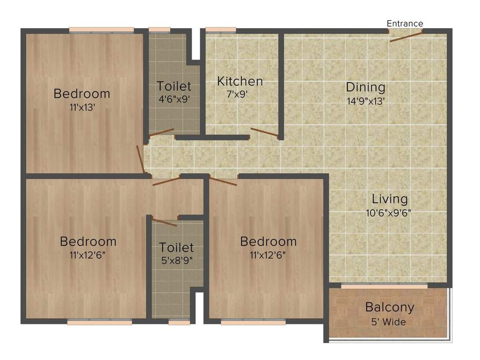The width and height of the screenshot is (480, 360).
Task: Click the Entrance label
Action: coord(405,23)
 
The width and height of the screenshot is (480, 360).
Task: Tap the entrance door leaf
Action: coord(405,36)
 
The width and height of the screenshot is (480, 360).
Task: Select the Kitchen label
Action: coord(240,82)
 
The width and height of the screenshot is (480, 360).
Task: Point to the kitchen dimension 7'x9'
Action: coord(237,94)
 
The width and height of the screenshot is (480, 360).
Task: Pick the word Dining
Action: coord(366,87)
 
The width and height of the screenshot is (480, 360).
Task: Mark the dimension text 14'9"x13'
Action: coord(366,100)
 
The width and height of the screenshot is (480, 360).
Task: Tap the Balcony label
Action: coord(390,307)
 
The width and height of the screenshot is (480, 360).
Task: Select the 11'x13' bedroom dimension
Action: coord(82,107)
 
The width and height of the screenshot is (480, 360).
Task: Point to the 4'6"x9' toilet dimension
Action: coord(174,99)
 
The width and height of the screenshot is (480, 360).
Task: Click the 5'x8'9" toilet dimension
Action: coord(176,259)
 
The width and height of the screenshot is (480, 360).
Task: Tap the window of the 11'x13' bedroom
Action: coord(101,30)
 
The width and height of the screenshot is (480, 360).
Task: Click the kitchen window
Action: coord(220,30)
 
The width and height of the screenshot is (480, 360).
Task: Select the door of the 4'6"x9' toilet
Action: coord(161,133)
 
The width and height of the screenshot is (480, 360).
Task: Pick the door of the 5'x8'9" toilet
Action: coord(165,222)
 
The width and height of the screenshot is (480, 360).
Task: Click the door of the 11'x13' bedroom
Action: coord(140,159)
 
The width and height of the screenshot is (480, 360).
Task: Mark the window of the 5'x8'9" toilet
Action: coord(179,322)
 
